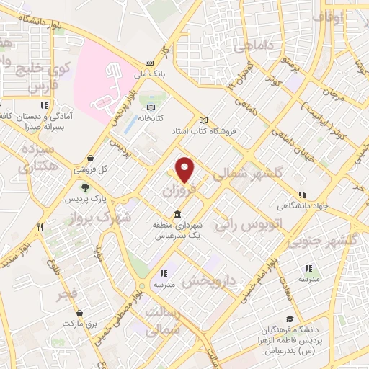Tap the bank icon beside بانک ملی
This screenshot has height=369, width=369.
click(x=149, y=63)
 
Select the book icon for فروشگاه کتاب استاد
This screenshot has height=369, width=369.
click(x=203, y=120)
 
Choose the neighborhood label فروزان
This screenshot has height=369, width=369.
click(x=177, y=190)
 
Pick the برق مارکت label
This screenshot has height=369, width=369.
click(x=79, y=324)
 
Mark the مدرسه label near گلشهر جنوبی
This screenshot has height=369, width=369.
click(x=308, y=279)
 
